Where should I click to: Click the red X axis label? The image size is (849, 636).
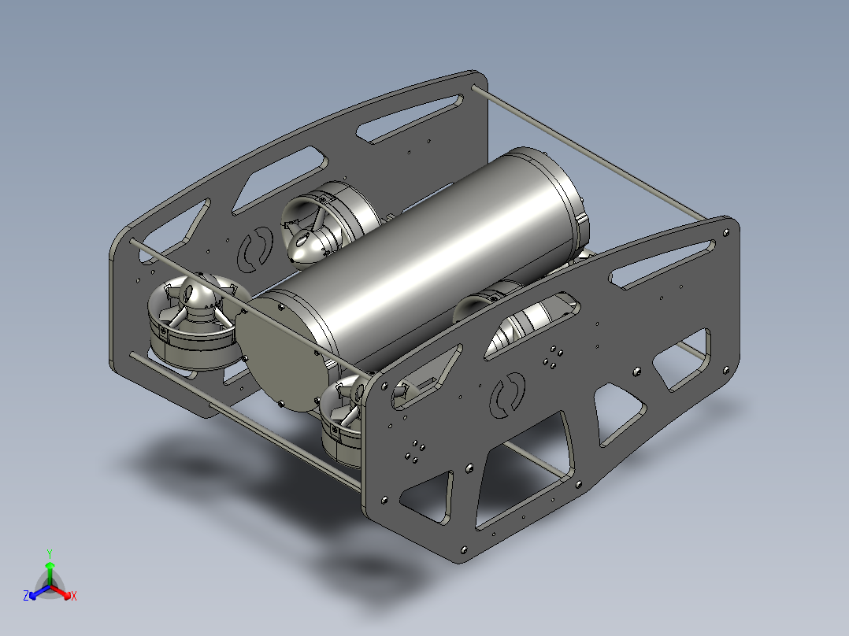[x=74, y=596]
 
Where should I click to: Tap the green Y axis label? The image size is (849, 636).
[x=50, y=553]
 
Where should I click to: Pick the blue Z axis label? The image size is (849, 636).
[x=26, y=596]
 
